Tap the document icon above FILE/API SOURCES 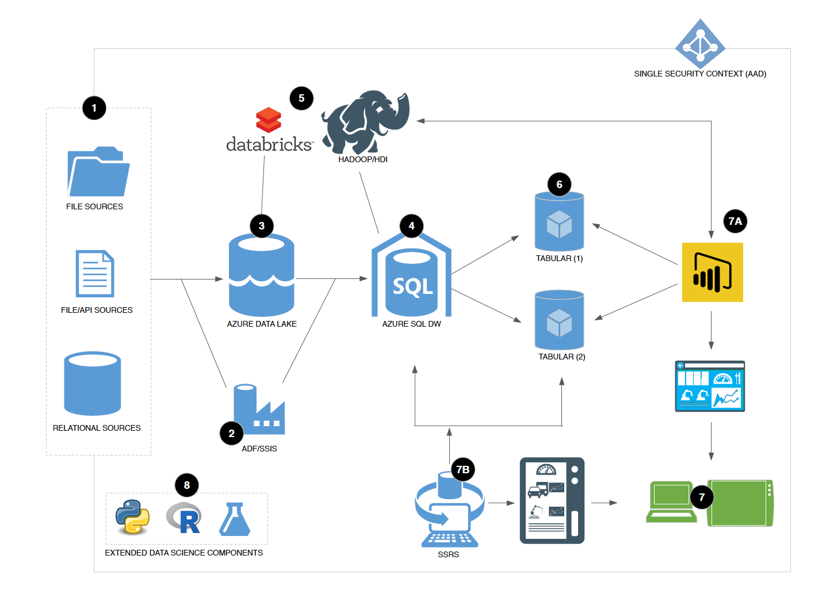[x=95, y=274]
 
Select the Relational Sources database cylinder [x=92, y=383]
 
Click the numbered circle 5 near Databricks [x=301, y=98]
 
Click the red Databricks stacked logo [x=269, y=120]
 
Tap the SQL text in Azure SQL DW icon [x=412, y=286]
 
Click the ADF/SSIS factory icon [x=258, y=409]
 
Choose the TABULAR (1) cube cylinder [x=559, y=223]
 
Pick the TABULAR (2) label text [x=561, y=357]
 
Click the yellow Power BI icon [x=712, y=272]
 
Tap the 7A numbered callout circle [x=735, y=221]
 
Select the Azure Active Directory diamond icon [x=700, y=44]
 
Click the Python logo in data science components [x=132, y=516]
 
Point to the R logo [x=184, y=518]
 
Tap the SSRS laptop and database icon [x=449, y=511]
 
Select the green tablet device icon [x=740, y=503]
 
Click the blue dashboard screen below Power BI [x=710, y=386]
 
